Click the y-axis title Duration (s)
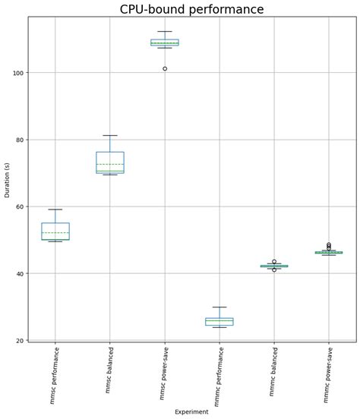click(8, 178)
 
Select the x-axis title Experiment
click(191, 411)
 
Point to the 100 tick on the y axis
click(17, 73)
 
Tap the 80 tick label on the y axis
click(19, 140)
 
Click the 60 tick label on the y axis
click(19, 206)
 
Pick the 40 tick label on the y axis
click(19, 273)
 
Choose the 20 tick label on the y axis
click(19, 340)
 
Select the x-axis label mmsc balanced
click(109, 370)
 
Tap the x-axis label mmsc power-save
click(163, 373)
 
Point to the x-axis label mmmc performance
click(219, 375)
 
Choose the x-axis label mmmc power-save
click(329, 373)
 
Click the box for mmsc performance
click(55, 231)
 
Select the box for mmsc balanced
click(110, 162)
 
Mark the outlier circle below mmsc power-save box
click(165, 69)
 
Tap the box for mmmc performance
click(219, 322)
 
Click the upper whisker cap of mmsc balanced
click(110, 135)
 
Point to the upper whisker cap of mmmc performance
click(219, 307)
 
